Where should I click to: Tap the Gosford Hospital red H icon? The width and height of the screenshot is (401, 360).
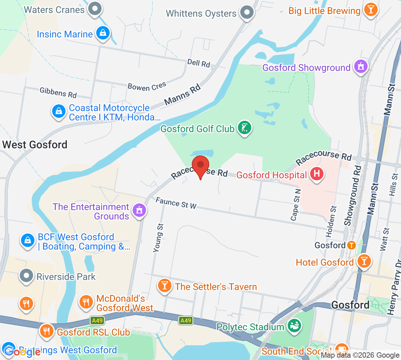point(316,174)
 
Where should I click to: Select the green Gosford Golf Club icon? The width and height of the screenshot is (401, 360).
point(244,128)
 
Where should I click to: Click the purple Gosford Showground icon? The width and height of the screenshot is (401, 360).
point(361,67)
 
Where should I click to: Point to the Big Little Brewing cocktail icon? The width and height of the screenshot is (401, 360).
point(370,9)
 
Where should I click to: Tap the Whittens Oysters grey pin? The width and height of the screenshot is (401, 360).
point(247,13)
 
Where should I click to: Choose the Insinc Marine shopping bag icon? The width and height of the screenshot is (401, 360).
point(103,33)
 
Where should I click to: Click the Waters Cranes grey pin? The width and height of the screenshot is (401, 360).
point(95,8)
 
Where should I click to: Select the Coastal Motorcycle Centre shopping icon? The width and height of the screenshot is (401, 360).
point(59,111)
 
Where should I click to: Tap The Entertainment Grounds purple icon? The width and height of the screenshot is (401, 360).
point(139,210)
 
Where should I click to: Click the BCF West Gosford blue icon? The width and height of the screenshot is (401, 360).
point(28,240)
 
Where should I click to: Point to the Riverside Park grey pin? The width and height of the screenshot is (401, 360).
point(26,276)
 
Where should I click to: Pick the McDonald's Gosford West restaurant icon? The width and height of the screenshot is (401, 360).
point(86,302)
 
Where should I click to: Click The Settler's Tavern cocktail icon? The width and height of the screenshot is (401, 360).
point(164,286)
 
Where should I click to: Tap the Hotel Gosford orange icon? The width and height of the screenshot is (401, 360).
point(364,261)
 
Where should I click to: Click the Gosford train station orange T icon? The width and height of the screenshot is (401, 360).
point(351,245)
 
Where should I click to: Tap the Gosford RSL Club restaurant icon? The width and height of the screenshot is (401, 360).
point(47,331)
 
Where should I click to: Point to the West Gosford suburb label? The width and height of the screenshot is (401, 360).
point(35,145)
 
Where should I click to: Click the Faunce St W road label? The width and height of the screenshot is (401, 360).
point(176,203)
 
